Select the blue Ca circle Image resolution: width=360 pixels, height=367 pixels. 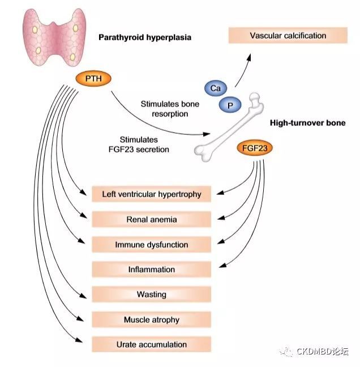click(x=215, y=89)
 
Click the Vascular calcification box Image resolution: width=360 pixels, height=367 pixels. click(x=288, y=36)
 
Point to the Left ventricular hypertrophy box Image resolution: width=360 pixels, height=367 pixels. click(x=151, y=194)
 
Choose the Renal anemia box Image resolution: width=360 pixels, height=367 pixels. click(x=151, y=220)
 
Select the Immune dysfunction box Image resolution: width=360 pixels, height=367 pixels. click(x=151, y=245)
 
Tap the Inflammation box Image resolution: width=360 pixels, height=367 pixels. click(x=151, y=270)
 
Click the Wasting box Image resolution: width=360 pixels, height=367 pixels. click(x=151, y=295)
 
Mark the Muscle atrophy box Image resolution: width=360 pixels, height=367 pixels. click(x=151, y=319)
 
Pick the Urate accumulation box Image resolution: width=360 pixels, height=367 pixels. click(x=151, y=344)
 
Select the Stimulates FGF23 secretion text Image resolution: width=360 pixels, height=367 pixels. click(x=144, y=145)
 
